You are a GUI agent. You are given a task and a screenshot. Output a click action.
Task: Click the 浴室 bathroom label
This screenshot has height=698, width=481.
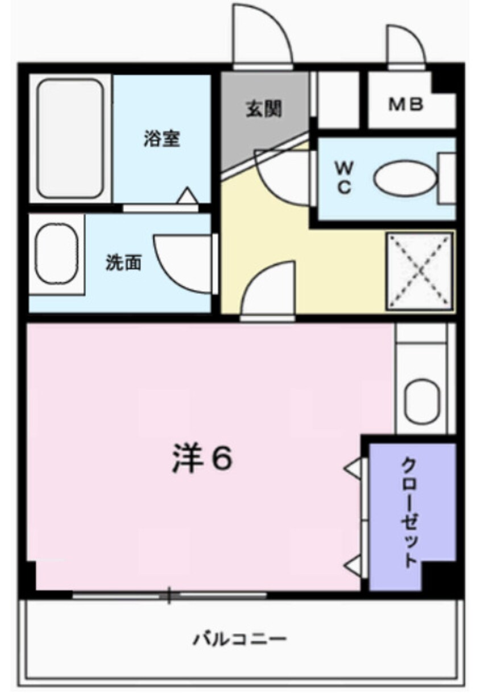tap(162, 139)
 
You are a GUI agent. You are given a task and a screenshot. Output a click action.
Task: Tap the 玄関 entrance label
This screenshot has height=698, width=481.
tap(263, 108)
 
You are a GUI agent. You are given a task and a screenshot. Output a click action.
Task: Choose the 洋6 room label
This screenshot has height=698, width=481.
tap(201, 460)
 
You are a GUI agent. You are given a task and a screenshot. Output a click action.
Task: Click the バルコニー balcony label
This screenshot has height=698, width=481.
tap(239, 640)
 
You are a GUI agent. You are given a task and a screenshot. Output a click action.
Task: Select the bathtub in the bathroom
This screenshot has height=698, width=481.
tap(71, 138)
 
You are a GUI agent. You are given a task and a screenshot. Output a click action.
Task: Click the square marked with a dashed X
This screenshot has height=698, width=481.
tap(420, 271)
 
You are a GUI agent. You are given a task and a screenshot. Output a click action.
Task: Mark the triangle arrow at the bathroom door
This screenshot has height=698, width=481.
tap(188, 197)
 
